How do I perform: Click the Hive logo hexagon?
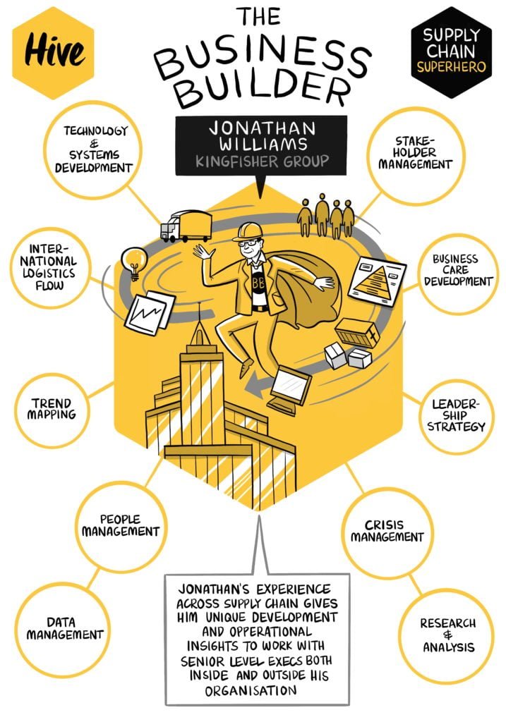53,52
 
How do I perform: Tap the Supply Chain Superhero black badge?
451,52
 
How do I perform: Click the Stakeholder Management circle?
416,155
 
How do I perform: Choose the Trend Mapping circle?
52,410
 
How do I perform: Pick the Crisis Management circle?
387,532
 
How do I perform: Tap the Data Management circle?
63,630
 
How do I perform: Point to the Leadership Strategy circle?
456,416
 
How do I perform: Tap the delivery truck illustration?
186,226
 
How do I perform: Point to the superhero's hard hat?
248,231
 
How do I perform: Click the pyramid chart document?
377,281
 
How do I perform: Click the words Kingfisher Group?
262,161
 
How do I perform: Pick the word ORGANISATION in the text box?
251,691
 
